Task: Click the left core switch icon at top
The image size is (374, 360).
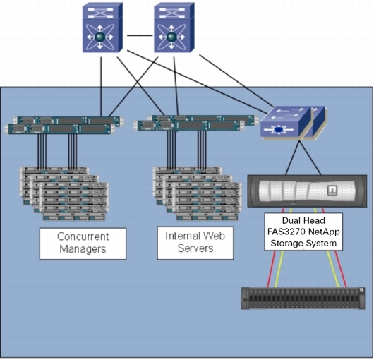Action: (102, 28)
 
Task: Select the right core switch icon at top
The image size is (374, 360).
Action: (174, 28)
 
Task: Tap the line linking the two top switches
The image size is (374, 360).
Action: (140, 36)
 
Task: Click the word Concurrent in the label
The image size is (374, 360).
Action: (83, 236)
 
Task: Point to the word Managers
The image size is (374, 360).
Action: (83, 249)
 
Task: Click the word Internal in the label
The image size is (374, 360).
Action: (181, 236)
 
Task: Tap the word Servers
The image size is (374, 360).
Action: (195, 248)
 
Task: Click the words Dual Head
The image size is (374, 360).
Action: (303, 220)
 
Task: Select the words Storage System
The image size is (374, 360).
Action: (303, 244)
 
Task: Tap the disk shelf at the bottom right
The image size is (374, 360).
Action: (303, 299)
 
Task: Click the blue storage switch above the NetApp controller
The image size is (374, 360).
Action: (294, 124)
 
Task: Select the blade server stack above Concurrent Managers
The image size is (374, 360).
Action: (64, 193)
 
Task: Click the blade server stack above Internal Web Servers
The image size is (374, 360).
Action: (197, 193)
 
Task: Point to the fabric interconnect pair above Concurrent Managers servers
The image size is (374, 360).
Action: (64, 125)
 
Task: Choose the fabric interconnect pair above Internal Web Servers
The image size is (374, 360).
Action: (195, 123)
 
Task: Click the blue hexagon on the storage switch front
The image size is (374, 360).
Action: (278, 130)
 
